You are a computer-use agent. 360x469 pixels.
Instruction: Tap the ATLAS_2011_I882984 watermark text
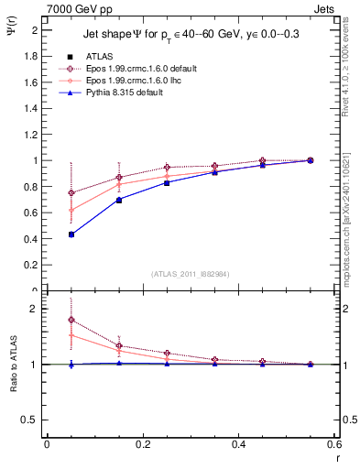(191, 274)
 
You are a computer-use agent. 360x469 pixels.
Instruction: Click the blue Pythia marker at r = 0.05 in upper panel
(71, 234)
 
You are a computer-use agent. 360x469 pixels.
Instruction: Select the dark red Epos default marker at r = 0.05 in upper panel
(71, 193)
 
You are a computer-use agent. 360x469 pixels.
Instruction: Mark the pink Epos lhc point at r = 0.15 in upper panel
(119, 184)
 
